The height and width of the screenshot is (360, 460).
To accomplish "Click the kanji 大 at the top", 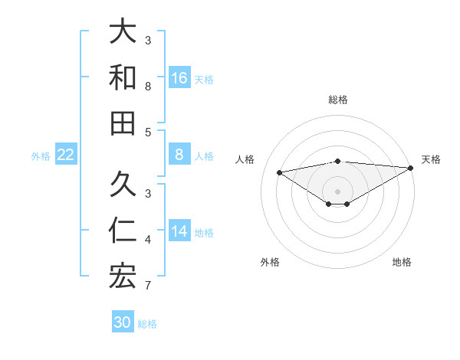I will [x=123, y=33].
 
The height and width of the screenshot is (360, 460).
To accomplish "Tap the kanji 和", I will [x=123, y=78].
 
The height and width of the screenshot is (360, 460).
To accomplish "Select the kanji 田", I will [x=123, y=123].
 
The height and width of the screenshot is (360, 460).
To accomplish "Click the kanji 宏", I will [x=123, y=276].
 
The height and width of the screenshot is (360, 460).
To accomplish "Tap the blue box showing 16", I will [x=179, y=78].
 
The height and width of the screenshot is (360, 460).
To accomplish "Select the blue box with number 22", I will [x=66, y=155].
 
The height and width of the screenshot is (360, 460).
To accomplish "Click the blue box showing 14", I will [x=179, y=231].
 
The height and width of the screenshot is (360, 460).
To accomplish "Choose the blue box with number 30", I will [x=123, y=322].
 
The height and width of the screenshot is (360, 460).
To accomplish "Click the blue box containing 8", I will [x=179, y=155].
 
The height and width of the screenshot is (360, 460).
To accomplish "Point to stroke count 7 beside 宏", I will [x=148, y=286].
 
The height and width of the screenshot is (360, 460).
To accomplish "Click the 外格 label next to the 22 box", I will [x=41, y=155].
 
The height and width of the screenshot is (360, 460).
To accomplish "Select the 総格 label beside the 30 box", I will [x=147, y=323].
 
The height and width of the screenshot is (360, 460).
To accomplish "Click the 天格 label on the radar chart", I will [x=431, y=159].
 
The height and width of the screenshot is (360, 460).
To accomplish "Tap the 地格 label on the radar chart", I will [x=402, y=262].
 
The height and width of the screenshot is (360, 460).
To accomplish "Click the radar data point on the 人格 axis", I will [x=280, y=172].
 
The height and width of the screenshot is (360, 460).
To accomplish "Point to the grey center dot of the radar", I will [x=337, y=191].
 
